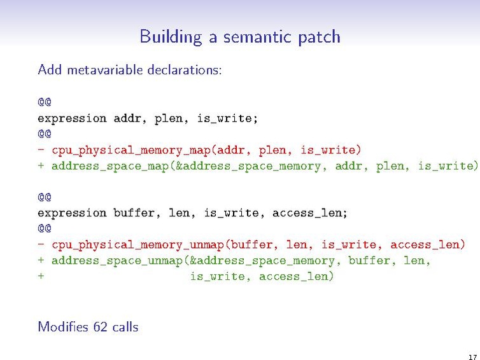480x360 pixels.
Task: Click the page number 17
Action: (x=472, y=357)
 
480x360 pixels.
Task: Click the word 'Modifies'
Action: (x=62, y=327)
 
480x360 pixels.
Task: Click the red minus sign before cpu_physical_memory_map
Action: (x=41, y=150)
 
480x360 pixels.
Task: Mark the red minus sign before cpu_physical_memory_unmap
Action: (x=41, y=245)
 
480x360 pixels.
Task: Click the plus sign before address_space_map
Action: (x=41, y=166)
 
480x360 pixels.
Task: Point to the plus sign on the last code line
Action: (x=41, y=277)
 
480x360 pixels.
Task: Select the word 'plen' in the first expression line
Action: (x=168, y=118)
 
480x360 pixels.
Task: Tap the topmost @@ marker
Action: (x=44, y=102)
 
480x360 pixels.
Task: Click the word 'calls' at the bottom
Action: (x=125, y=327)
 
